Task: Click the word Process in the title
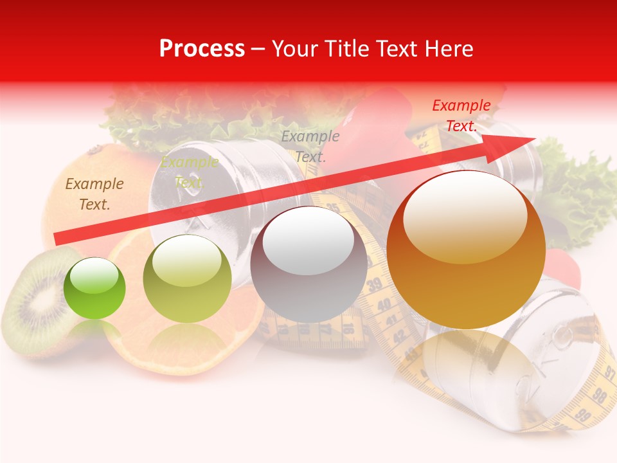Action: pyautogui.click(x=202, y=49)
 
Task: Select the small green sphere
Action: pyautogui.click(x=94, y=288)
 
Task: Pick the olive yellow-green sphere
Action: pyautogui.click(x=187, y=278)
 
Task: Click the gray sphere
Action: pyautogui.click(x=308, y=265)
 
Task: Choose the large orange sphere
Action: pyautogui.click(x=466, y=250)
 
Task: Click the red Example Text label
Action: pyautogui.click(x=461, y=116)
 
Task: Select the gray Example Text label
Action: pyautogui.click(x=310, y=146)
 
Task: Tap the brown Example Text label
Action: pyautogui.click(x=94, y=194)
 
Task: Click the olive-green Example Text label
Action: pyautogui.click(x=189, y=172)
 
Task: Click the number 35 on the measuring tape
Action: pyautogui.click(x=333, y=208)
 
